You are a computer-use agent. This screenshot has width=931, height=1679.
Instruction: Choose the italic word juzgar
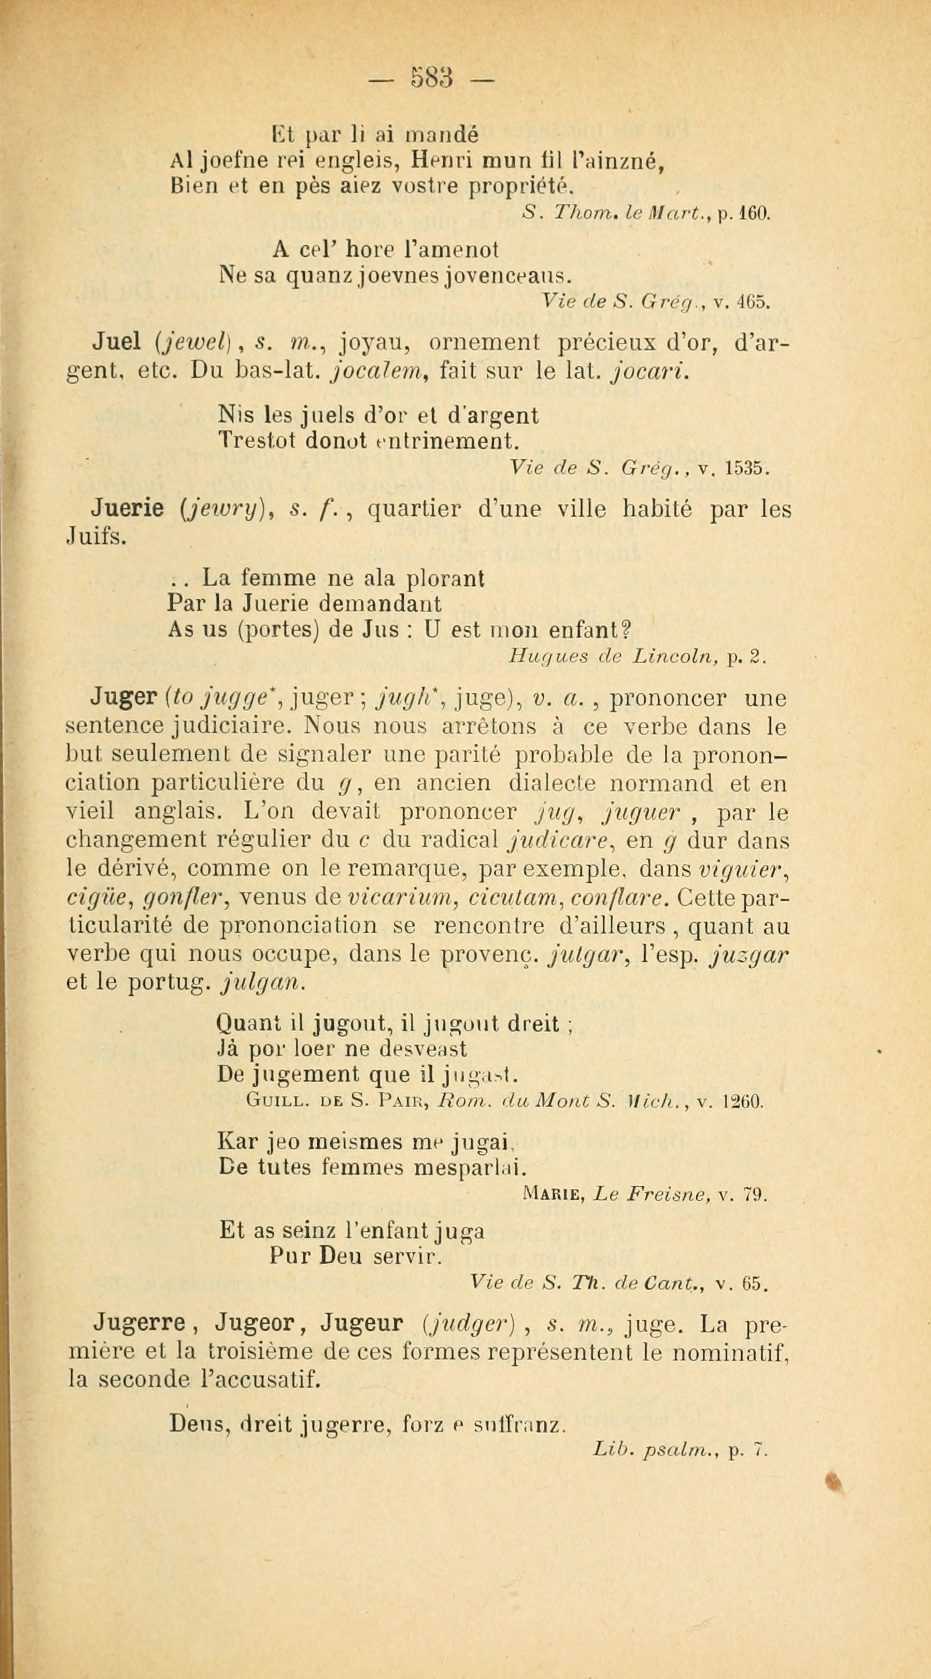pyautogui.click(x=750, y=954)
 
